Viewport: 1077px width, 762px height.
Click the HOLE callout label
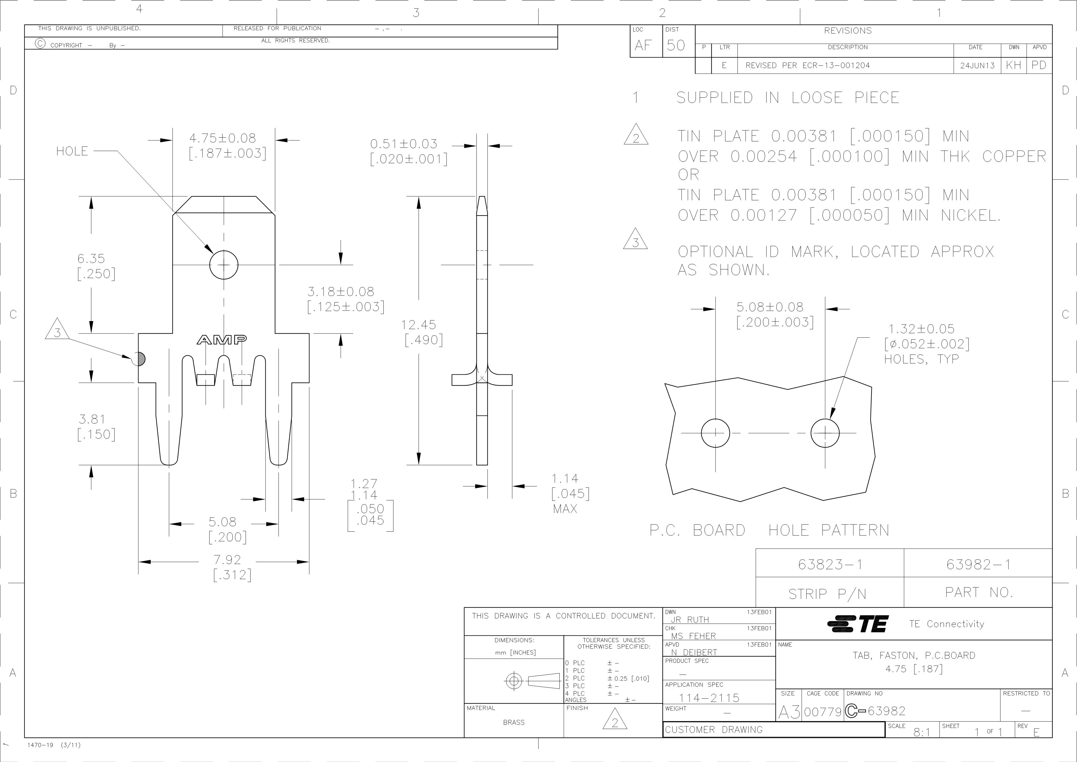[x=72, y=151]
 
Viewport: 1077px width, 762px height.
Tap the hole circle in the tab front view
[x=224, y=265]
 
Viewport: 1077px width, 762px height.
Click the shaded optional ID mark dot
[x=139, y=359]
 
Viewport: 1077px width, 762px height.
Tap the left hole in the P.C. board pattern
[x=715, y=432]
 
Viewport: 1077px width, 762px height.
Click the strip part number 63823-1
[x=830, y=564]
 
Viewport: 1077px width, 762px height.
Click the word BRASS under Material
[x=514, y=722]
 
